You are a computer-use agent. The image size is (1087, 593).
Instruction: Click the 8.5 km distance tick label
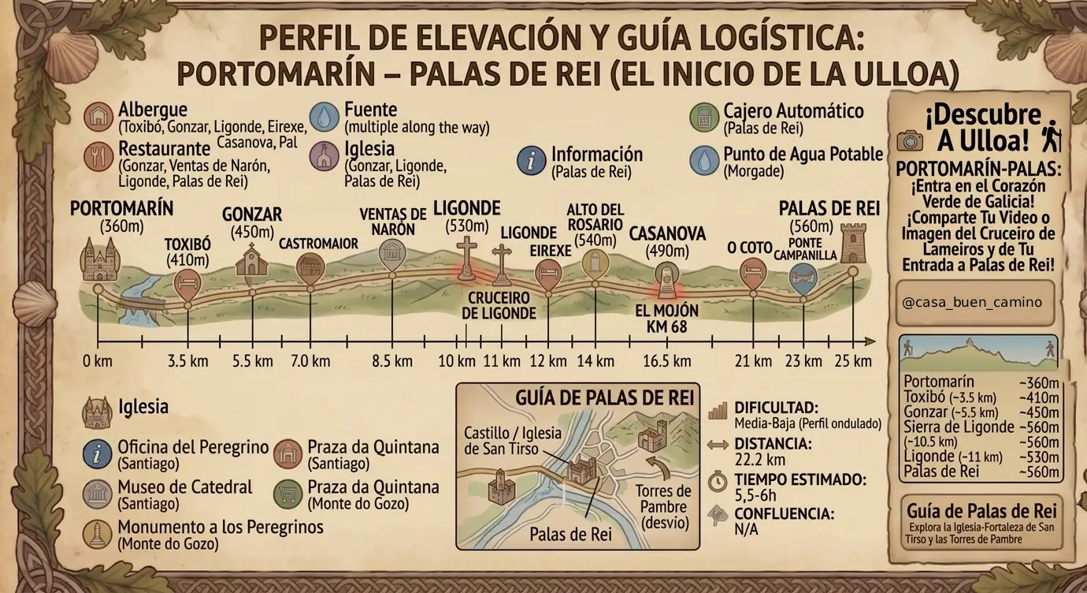392,361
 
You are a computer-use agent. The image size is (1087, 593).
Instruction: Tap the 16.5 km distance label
666,361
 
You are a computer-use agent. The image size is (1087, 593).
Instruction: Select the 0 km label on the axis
98,361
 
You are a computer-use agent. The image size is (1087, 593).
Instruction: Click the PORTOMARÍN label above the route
121,208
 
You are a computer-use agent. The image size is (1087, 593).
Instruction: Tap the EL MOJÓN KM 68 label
666,318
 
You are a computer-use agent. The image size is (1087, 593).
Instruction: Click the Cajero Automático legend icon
702,117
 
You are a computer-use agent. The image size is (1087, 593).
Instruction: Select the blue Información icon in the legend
532,159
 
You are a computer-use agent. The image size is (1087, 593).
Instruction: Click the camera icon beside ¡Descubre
910,140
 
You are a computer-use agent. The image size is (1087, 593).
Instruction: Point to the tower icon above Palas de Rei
852,242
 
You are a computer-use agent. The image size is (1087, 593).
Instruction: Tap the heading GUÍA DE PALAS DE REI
604,397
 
